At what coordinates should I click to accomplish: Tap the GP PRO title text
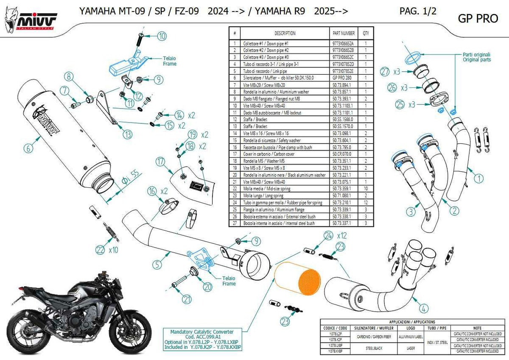click(x=473, y=19)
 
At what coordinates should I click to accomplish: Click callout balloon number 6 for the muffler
click(x=28, y=148)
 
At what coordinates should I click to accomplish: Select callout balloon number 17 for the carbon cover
click(x=160, y=161)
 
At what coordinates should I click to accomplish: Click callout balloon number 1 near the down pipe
click(x=478, y=179)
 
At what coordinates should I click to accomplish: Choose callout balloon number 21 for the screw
click(x=187, y=299)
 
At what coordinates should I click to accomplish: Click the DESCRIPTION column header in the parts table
click(x=285, y=33)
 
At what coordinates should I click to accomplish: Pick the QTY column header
click(x=366, y=33)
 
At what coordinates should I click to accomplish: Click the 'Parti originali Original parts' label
click(x=476, y=57)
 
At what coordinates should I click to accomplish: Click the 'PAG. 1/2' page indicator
click(x=417, y=11)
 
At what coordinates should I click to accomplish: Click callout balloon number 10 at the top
click(x=162, y=36)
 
